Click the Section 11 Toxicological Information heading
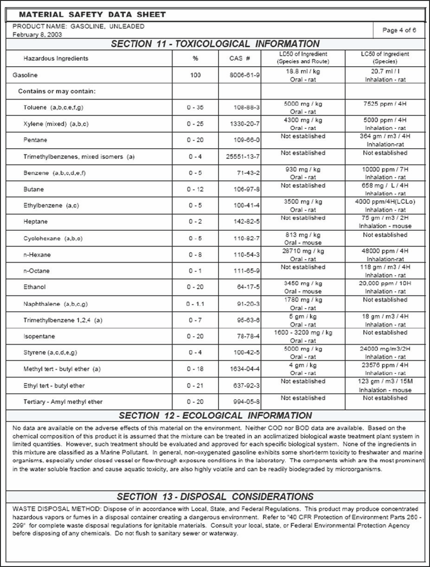(x=215, y=44)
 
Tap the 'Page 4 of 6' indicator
(x=399, y=30)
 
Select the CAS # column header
(x=239, y=58)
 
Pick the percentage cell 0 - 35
(x=195, y=107)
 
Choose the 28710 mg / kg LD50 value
(x=303, y=251)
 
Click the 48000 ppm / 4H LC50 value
(x=385, y=251)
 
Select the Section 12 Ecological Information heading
(x=215, y=416)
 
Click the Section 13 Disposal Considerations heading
(x=215, y=497)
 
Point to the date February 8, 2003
(x=38, y=35)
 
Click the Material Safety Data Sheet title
(x=92, y=15)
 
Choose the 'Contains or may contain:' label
(x=57, y=91)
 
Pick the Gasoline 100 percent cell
(x=195, y=75)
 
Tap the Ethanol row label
(x=35, y=287)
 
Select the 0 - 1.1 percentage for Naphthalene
(x=195, y=304)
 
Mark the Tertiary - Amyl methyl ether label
(x=63, y=402)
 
